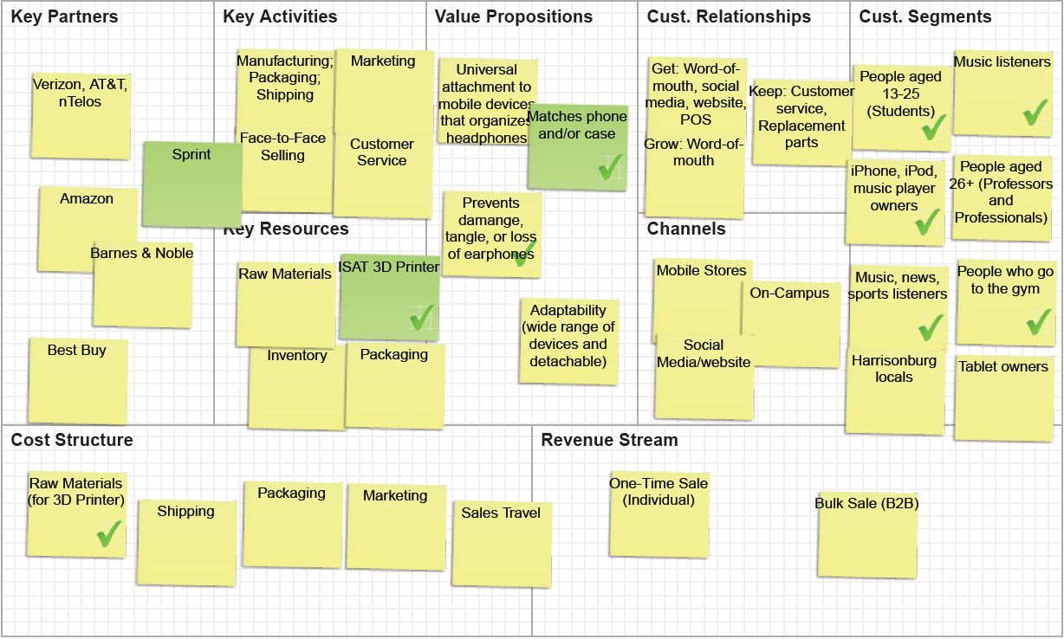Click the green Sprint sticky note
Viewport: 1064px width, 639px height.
point(191,184)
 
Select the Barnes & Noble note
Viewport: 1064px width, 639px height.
point(143,286)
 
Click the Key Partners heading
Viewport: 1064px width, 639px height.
point(64,16)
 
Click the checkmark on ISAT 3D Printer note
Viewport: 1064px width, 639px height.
point(421,319)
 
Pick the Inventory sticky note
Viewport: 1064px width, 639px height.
point(296,387)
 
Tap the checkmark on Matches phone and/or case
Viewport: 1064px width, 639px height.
point(610,166)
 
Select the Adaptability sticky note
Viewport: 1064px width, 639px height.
point(568,340)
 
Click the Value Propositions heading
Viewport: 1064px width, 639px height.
point(513,16)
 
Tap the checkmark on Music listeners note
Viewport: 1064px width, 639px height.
point(1035,113)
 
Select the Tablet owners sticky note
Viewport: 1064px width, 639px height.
point(1003,397)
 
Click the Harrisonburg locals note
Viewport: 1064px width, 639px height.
point(893,390)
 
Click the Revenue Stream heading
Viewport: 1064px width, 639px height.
point(609,440)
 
